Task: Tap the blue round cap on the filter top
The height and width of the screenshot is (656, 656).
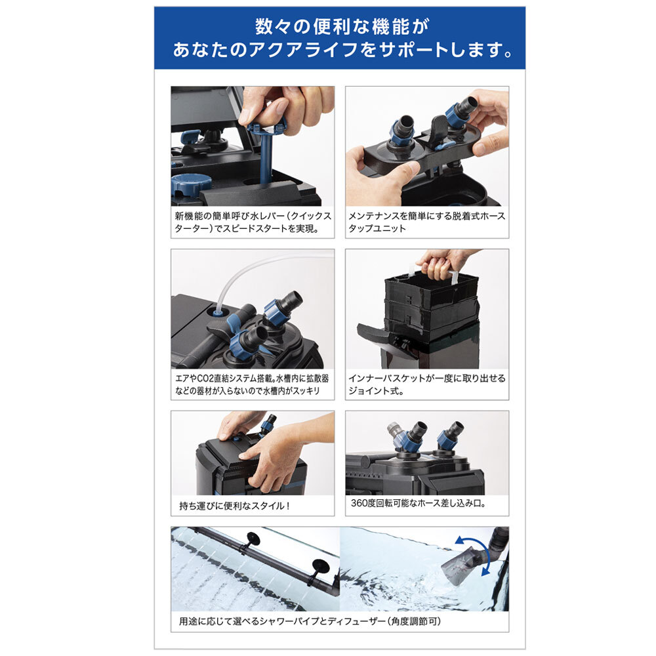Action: (x=191, y=185)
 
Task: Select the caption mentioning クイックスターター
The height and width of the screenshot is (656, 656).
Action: (x=253, y=222)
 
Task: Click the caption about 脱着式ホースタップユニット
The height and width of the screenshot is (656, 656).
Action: (x=427, y=222)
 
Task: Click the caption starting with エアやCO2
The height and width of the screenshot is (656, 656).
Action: (x=252, y=384)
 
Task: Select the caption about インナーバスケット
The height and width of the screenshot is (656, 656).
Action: (x=427, y=384)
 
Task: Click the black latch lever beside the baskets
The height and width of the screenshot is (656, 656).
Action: (x=375, y=332)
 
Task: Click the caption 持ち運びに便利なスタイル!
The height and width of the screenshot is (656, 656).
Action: (x=234, y=506)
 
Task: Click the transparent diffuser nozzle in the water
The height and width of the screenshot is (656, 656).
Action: (x=462, y=565)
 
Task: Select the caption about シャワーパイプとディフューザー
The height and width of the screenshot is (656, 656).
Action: (x=310, y=621)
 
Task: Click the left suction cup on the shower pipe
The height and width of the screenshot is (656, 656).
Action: (x=253, y=538)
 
